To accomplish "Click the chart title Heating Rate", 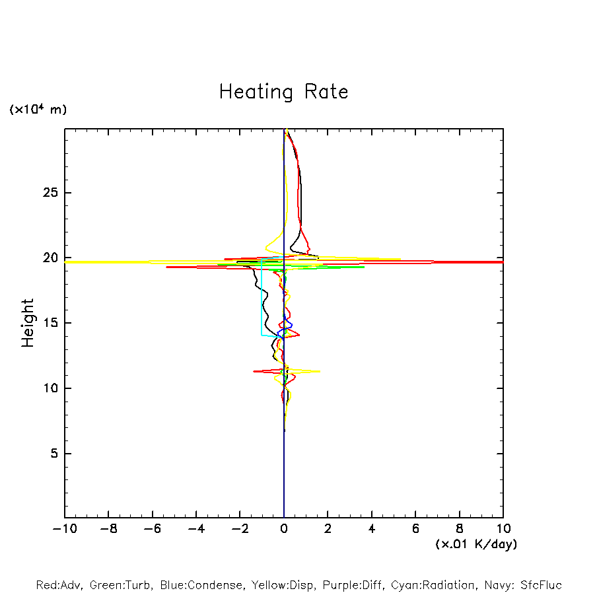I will [283, 92].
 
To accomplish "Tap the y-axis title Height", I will [28, 323].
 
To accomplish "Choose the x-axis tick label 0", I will [284, 529].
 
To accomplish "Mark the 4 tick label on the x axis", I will [372, 529].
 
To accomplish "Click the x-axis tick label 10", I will [503, 529].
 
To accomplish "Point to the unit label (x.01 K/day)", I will [475, 544].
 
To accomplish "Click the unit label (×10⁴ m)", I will [38, 110].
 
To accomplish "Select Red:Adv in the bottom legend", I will [59, 585].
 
